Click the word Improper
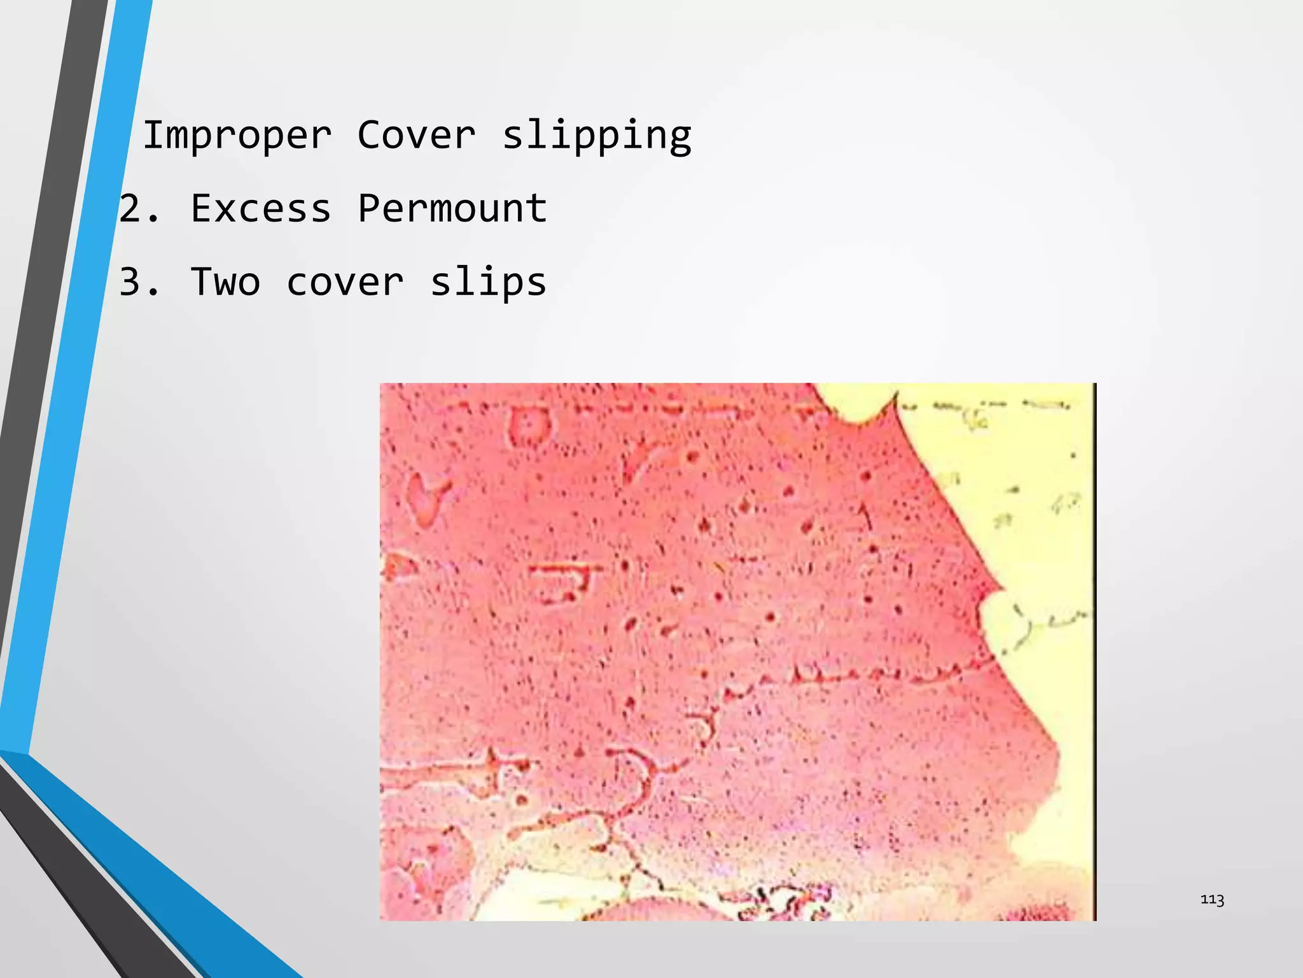pos(237,136)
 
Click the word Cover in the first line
pos(416,136)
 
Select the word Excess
pos(261,209)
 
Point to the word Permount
pos(452,209)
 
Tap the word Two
pos(225,282)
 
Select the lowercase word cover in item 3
pos(345,282)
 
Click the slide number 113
pos(1212,899)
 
